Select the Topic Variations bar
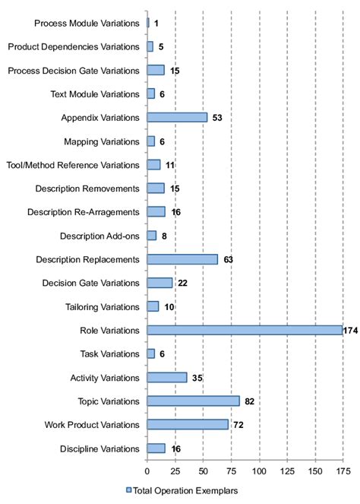193,401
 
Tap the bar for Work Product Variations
188,424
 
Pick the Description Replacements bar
182,259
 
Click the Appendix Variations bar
177,117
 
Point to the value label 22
182,283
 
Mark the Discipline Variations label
99,449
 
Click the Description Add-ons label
99,236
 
